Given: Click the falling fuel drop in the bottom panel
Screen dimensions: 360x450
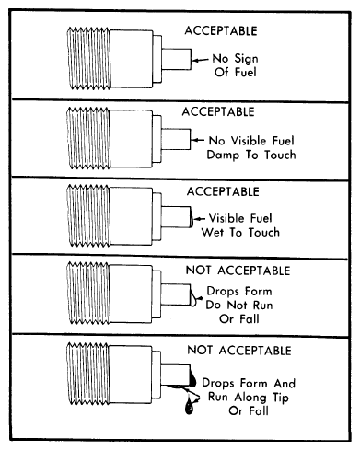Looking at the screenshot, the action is click(190, 407).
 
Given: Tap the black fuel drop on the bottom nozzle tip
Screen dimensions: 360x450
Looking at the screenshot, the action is click(193, 378).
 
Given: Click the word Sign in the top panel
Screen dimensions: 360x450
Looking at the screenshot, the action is click(246, 59).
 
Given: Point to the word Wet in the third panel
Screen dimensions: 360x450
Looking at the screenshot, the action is click(214, 232).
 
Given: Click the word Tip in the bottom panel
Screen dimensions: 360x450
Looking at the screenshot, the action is click(280, 398).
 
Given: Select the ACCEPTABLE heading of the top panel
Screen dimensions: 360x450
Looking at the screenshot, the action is click(221, 31).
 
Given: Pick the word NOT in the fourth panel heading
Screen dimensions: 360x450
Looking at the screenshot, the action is click(198, 271).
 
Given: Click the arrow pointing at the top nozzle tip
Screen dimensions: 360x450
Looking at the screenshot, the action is click(200, 60).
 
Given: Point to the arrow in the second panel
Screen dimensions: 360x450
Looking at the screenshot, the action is click(198, 140).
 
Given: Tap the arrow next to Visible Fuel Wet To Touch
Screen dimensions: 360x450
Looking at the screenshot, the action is click(200, 219).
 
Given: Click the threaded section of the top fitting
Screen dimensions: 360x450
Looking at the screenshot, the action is click(88, 58).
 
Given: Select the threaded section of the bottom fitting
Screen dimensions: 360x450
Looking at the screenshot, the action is click(88, 374).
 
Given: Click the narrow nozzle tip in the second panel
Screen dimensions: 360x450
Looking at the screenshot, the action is click(176, 139).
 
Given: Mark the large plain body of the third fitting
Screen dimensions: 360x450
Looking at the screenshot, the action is click(131, 216).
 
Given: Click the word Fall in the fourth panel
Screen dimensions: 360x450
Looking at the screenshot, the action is click(250, 318).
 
